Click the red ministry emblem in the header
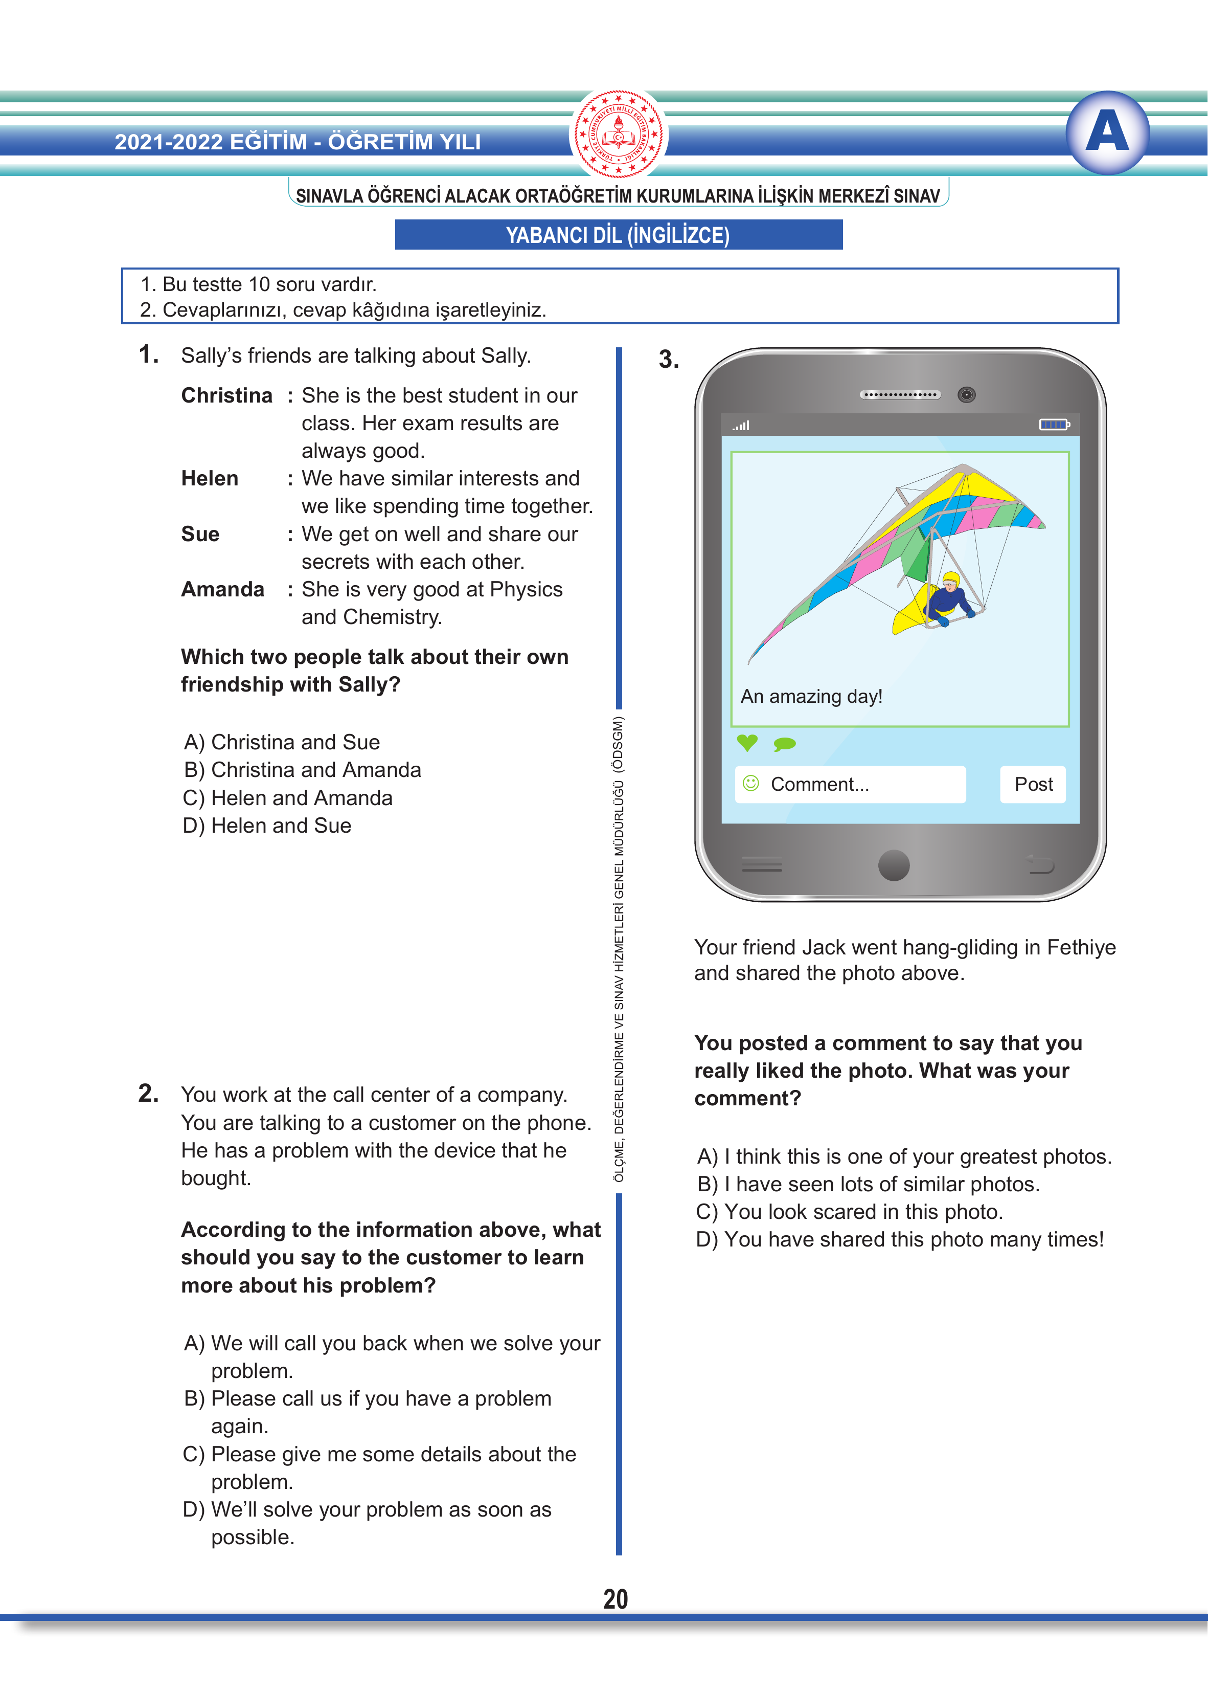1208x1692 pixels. pos(618,135)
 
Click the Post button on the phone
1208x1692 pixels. pos(1033,784)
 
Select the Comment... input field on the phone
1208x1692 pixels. pos(850,784)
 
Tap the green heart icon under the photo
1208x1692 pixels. pos(747,742)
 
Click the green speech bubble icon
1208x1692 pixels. pos(785,743)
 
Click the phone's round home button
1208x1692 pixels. pos(894,864)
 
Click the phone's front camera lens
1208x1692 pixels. pos(966,394)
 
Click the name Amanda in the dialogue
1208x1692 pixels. pos(222,589)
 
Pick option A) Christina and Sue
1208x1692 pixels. pos(282,742)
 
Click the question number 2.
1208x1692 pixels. pos(148,1093)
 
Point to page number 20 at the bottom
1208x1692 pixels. pos(615,1599)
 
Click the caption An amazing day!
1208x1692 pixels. pos(811,697)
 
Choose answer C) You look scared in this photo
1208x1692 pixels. pos(850,1211)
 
